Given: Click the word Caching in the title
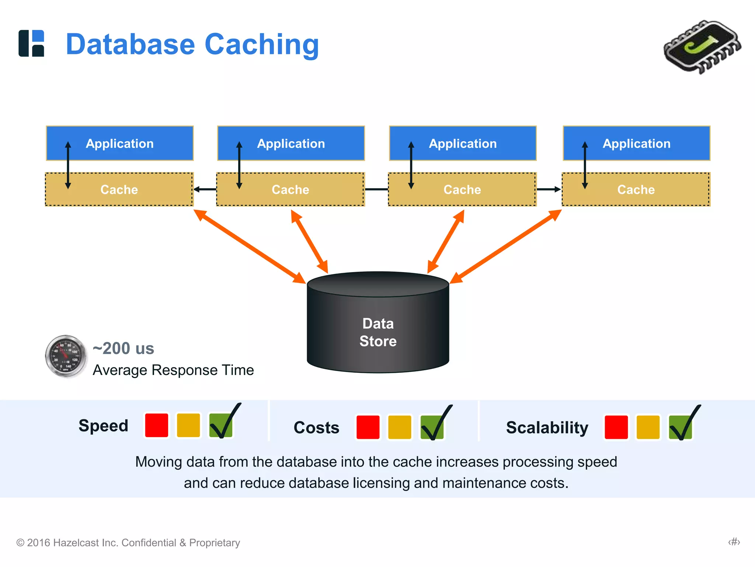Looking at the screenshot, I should [261, 45].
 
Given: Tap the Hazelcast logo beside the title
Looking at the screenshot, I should [31, 43].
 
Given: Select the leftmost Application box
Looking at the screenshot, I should [120, 143].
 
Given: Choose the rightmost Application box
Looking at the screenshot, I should [636, 143].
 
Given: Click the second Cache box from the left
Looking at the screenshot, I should [290, 189].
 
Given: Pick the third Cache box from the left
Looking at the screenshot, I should [462, 189].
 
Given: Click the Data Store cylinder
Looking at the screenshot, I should [378, 329].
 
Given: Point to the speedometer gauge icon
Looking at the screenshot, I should [66, 356].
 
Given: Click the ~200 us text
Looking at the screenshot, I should [123, 348].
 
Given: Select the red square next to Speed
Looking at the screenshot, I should [157, 425].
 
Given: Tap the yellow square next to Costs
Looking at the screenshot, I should [400, 427].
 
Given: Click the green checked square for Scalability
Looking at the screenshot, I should [681, 427].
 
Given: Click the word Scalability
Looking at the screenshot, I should [547, 427].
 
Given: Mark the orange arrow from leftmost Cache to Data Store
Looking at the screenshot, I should [250, 247].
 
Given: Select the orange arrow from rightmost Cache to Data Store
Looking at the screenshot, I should [505, 247].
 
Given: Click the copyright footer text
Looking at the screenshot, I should [128, 542].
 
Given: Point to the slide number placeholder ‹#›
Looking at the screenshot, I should [734, 542].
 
